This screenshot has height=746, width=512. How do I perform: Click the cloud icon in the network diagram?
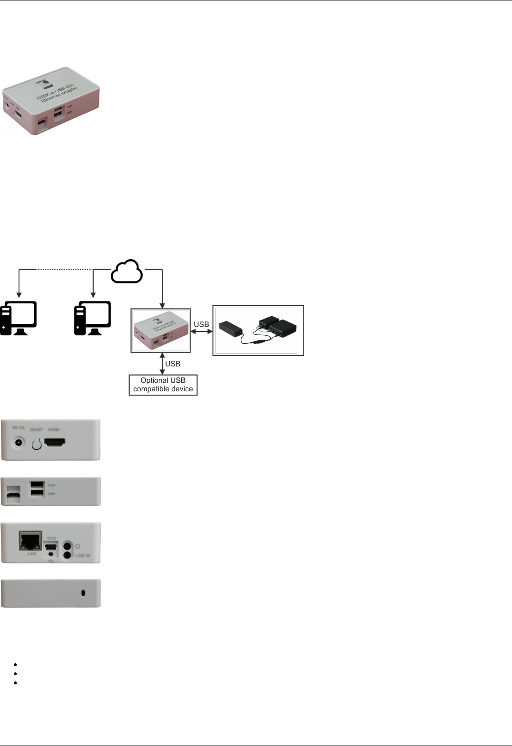point(127,271)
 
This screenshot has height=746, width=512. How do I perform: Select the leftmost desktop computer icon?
point(19,318)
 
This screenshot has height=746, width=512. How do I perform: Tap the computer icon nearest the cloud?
point(93,318)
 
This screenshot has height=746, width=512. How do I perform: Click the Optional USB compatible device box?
point(163,385)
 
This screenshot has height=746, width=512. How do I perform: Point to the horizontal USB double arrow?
point(201,331)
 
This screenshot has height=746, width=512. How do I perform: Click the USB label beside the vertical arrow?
point(173,364)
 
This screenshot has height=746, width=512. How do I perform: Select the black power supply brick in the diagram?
point(231,329)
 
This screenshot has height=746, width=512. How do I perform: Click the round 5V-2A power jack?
point(19,443)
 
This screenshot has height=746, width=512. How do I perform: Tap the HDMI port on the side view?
point(54,443)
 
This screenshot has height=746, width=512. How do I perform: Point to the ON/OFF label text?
point(36,429)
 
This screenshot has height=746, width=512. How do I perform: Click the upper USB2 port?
point(37,484)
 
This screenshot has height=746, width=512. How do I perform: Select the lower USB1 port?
point(37,493)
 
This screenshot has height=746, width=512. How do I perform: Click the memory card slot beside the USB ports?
point(14,495)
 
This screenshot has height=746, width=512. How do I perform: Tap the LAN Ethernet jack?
point(30,541)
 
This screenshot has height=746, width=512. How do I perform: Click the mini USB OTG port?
point(51,547)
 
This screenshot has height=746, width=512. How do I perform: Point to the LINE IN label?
point(82,555)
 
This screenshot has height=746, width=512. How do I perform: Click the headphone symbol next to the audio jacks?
point(78,546)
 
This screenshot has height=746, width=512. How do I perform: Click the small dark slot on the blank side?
point(83,593)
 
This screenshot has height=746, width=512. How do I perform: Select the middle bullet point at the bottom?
point(16,673)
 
